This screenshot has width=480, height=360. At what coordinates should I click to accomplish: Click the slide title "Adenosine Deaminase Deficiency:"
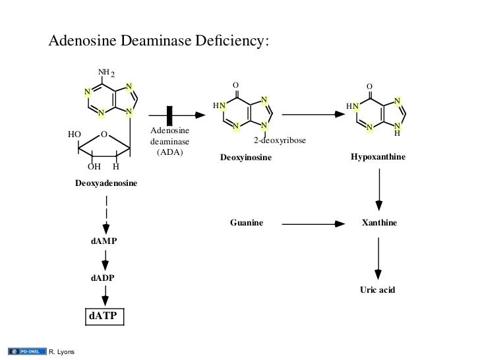[x=159, y=41]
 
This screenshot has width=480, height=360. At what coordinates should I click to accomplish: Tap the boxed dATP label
[x=102, y=316]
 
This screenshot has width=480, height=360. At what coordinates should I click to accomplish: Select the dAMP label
[x=104, y=241]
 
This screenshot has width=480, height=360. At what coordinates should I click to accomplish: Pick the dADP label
[x=102, y=278]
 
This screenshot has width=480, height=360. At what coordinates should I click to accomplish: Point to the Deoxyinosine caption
[x=245, y=158]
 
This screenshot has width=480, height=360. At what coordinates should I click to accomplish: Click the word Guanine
[x=247, y=224]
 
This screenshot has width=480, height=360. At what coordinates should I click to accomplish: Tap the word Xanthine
[x=380, y=224]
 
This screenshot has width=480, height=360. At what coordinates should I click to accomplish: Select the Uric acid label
[x=377, y=289]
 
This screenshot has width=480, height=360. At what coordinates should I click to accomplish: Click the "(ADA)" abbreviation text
[x=169, y=152]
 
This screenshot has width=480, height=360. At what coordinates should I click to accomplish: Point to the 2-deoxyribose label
[x=280, y=140]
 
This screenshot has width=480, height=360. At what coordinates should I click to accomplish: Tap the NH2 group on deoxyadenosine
[x=105, y=73]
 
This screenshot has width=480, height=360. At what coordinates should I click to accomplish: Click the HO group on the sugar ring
[x=75, y=134]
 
